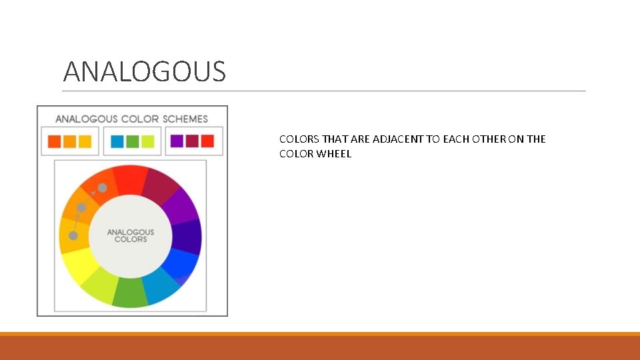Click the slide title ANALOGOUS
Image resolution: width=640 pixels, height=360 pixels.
(144, 71)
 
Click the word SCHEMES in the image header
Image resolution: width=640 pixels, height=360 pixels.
(185, 119)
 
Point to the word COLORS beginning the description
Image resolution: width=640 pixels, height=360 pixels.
(299, 139)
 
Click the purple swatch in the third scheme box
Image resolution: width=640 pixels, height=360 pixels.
(177, 141)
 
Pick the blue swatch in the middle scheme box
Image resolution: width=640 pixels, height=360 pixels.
(117, 141)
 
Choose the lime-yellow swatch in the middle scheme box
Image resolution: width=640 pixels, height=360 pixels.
(147, 141)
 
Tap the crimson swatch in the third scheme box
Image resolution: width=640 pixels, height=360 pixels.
(192, 141)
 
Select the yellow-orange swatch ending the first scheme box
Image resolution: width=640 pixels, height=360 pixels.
(85, 141)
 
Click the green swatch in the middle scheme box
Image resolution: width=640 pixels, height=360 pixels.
(133, 141)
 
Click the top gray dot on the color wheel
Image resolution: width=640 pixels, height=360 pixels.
(103, 188)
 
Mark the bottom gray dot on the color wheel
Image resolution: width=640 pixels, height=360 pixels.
(73, 235)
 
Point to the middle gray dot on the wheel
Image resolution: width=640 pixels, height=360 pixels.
(81, 208)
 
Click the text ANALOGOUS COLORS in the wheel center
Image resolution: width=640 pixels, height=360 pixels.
(131, 235)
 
